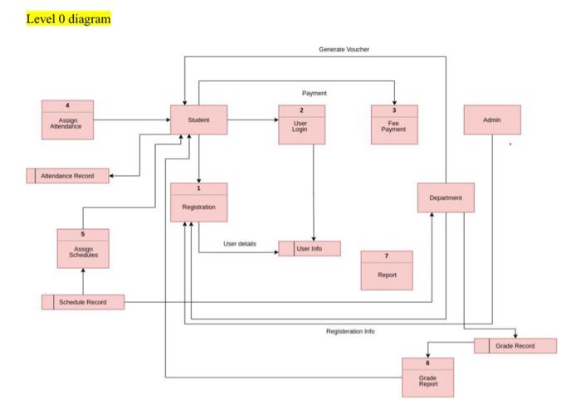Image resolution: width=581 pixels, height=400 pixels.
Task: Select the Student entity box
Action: pyautogui.click(x=198, y=120)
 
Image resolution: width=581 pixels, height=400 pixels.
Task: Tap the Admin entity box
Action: pyautogui.click(x=492, y=120)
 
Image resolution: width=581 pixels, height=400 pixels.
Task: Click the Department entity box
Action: pyautogui.click(x=446, y=198)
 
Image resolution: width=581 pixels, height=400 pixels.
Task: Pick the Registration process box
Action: pyautogui.click(x=198, y=202)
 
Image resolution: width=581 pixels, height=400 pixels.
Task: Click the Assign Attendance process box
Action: pyautogui.click(x=68, y=120)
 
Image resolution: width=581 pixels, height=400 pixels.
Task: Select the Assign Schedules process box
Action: pyautogui.click(x=83, y=248)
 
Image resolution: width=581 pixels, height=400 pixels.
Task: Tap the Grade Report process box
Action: pyautogui.click(x=427, y=377)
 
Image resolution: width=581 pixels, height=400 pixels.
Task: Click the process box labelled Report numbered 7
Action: pyautogui.click(x=387, y=270)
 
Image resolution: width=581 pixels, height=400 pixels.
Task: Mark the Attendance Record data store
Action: pyautogui.click(x=68, y=176)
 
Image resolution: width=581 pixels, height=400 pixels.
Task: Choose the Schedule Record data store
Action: pyautogui.click(x=83, y=302)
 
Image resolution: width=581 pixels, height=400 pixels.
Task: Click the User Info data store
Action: pyautogui.click(x=310, y=248)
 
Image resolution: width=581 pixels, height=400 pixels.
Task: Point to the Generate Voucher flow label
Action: pyautogui.click(x=344, y=50)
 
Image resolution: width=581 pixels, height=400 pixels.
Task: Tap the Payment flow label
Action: pyautogui.click(x=315, y=93)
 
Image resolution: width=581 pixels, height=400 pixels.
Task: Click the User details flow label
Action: pyautogui.click(x=240, y=243)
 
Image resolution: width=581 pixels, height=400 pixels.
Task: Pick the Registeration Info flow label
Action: pyautogui.click(x=350, y=331)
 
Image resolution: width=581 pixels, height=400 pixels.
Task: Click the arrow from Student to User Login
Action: pyautogui.click(x=252, y=120)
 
